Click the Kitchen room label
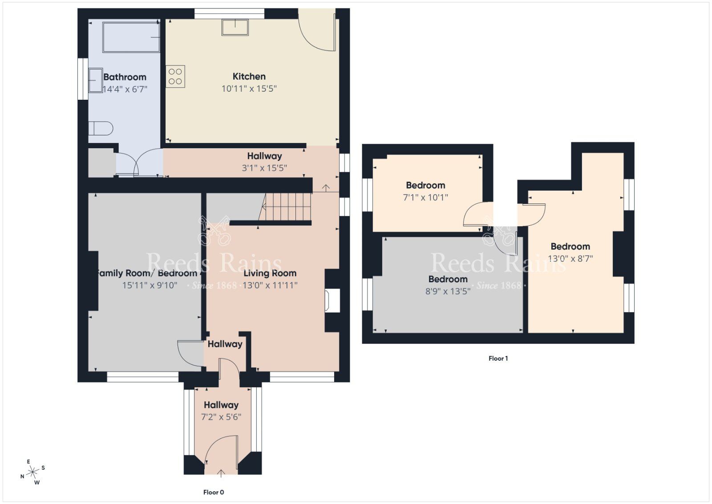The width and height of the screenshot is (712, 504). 249,77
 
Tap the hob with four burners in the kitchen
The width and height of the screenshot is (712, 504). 175,76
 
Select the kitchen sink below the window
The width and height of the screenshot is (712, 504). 235,28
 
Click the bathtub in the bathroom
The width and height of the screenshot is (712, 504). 131,37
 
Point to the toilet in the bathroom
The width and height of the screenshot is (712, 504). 101,129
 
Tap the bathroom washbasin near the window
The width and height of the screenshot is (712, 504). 95,80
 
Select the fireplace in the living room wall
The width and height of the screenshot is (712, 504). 332,301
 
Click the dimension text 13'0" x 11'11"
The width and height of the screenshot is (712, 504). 270,285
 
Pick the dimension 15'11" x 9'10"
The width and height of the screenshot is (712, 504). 150,285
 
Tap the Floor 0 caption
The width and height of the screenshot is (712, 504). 214,492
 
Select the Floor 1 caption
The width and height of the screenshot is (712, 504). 498,358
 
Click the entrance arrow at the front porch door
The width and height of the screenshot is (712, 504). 222,473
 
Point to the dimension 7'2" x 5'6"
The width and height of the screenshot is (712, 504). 221,417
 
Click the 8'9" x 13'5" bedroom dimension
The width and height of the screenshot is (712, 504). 448,291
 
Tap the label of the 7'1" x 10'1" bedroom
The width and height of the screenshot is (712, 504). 425,185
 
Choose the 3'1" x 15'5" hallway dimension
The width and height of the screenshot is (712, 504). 264,168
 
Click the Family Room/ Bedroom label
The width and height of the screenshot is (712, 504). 147,273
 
